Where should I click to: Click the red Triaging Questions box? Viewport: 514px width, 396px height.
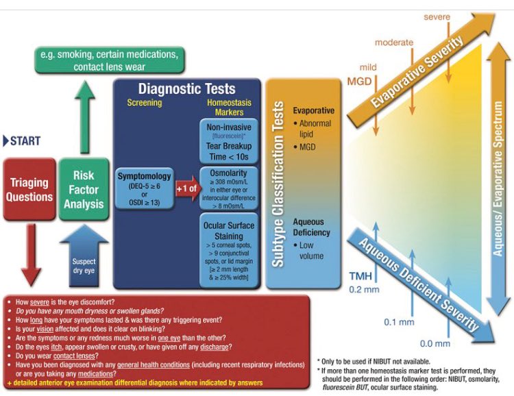[x=29, y=188]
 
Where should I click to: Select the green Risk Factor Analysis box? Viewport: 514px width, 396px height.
[x=84, y=188]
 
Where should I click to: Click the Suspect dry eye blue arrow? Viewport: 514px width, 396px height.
[x=84, y=257]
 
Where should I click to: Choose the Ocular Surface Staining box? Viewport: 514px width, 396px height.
[x=230, y=250]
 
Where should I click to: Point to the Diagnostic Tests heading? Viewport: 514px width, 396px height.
[x=186, y=88]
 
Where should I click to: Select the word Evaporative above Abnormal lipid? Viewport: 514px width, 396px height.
[x=313, y=110]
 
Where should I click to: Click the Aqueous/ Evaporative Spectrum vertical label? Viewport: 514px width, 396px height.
[x=498, y=179]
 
